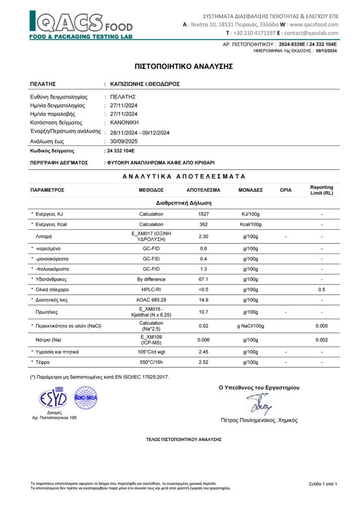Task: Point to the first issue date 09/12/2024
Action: click(x=326, y=51)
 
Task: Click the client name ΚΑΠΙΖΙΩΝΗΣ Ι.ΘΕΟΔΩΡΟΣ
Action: click(x=144, y=84)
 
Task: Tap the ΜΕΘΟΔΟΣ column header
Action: click(x=151, y=190)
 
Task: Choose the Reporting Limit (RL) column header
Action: click(x=321, y=190)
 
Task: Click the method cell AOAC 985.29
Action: click(x=151, y=300)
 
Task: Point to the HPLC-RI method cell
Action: click(x=151, y=290)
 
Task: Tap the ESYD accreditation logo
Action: click(x=54, y=397)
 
